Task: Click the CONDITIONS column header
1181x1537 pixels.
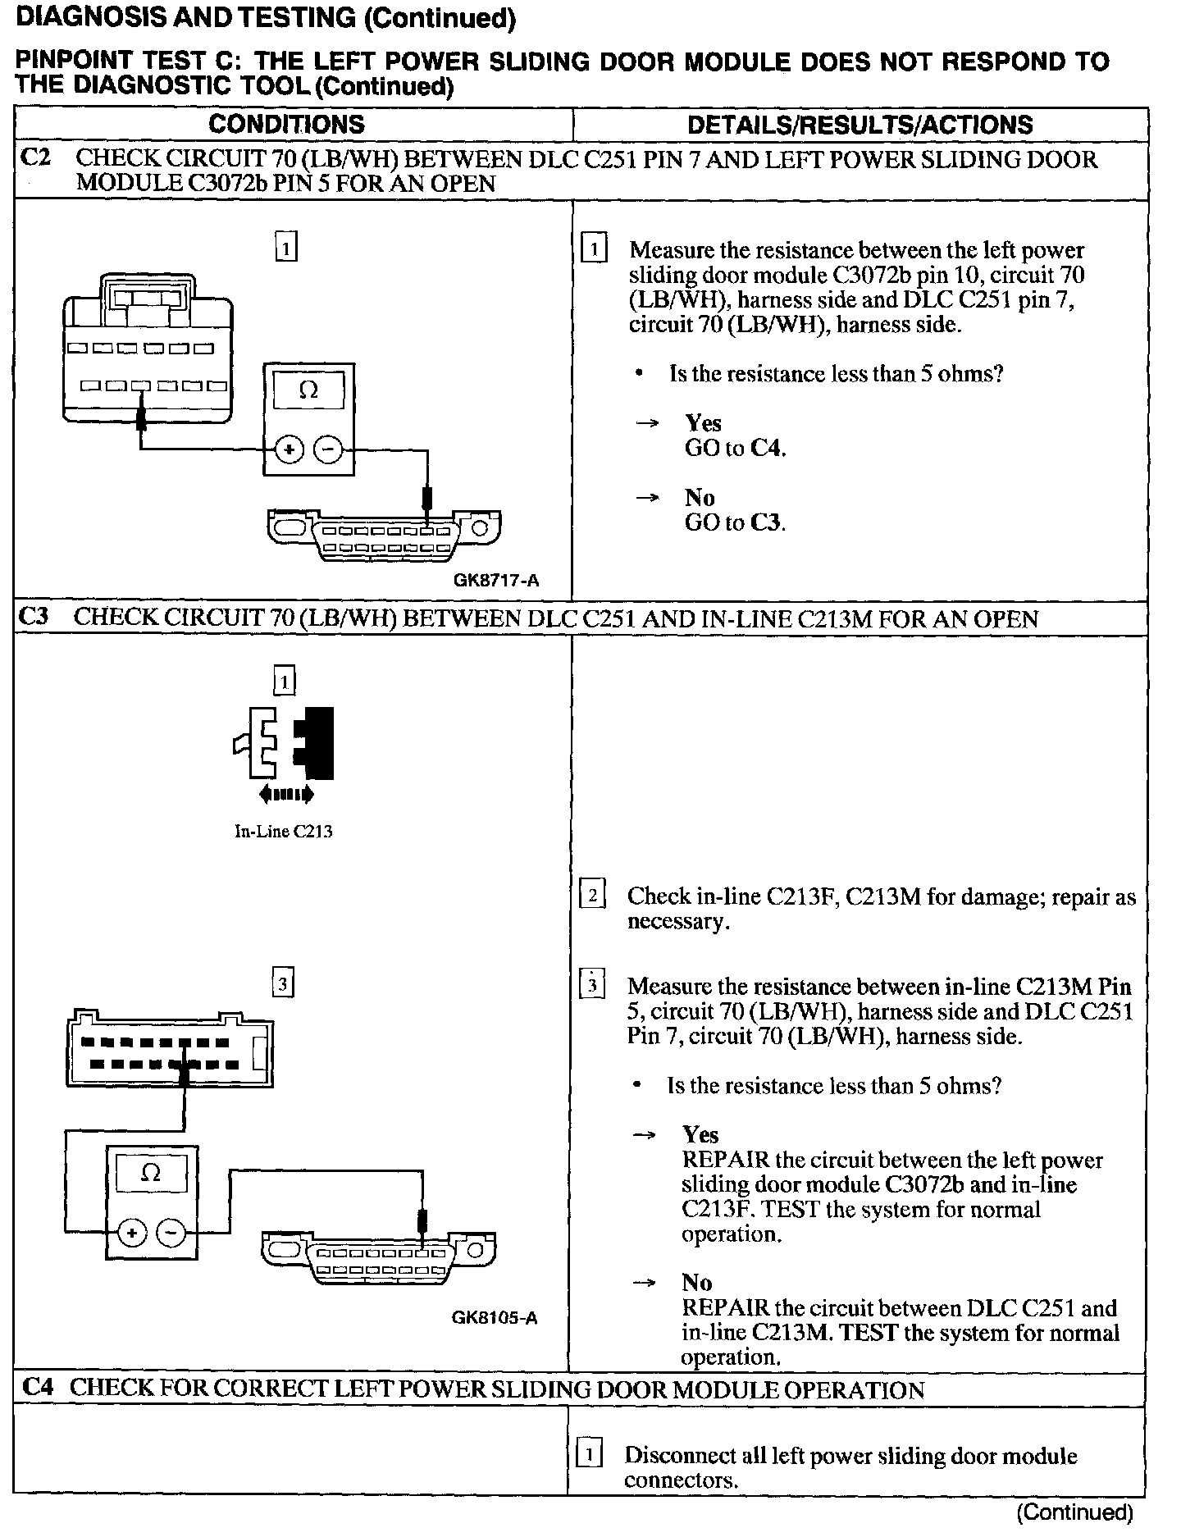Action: point(286,125)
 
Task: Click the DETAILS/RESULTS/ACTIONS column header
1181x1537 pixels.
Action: point(860,125)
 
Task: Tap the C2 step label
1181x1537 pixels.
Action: point(35,158)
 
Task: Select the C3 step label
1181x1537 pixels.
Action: point(34,618)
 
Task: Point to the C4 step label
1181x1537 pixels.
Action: point(39,1388)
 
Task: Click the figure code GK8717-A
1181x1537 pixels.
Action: point(496,581)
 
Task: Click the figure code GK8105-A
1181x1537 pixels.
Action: point(495,1318)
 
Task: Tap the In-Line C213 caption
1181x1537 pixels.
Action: point(284,832)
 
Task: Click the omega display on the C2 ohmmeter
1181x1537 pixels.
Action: point(308,390)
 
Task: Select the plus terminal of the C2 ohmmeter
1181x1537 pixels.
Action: point(290,450)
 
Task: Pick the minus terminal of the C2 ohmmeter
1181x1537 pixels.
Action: point(329,450)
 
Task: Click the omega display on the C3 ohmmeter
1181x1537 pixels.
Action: point(151,1173)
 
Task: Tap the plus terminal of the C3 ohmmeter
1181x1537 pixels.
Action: point(132,1232)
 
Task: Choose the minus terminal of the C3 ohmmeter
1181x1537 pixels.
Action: point(171,1232)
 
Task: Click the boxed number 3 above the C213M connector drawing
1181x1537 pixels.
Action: point(283,983)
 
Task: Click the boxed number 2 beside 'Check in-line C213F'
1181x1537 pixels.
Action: point(592,894)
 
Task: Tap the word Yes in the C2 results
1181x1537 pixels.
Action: point(703,423)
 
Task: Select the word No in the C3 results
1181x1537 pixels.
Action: point(696,1283)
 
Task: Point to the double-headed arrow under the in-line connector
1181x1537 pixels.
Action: point(285,794)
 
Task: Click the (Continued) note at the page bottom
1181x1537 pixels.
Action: point(1074,1512)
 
